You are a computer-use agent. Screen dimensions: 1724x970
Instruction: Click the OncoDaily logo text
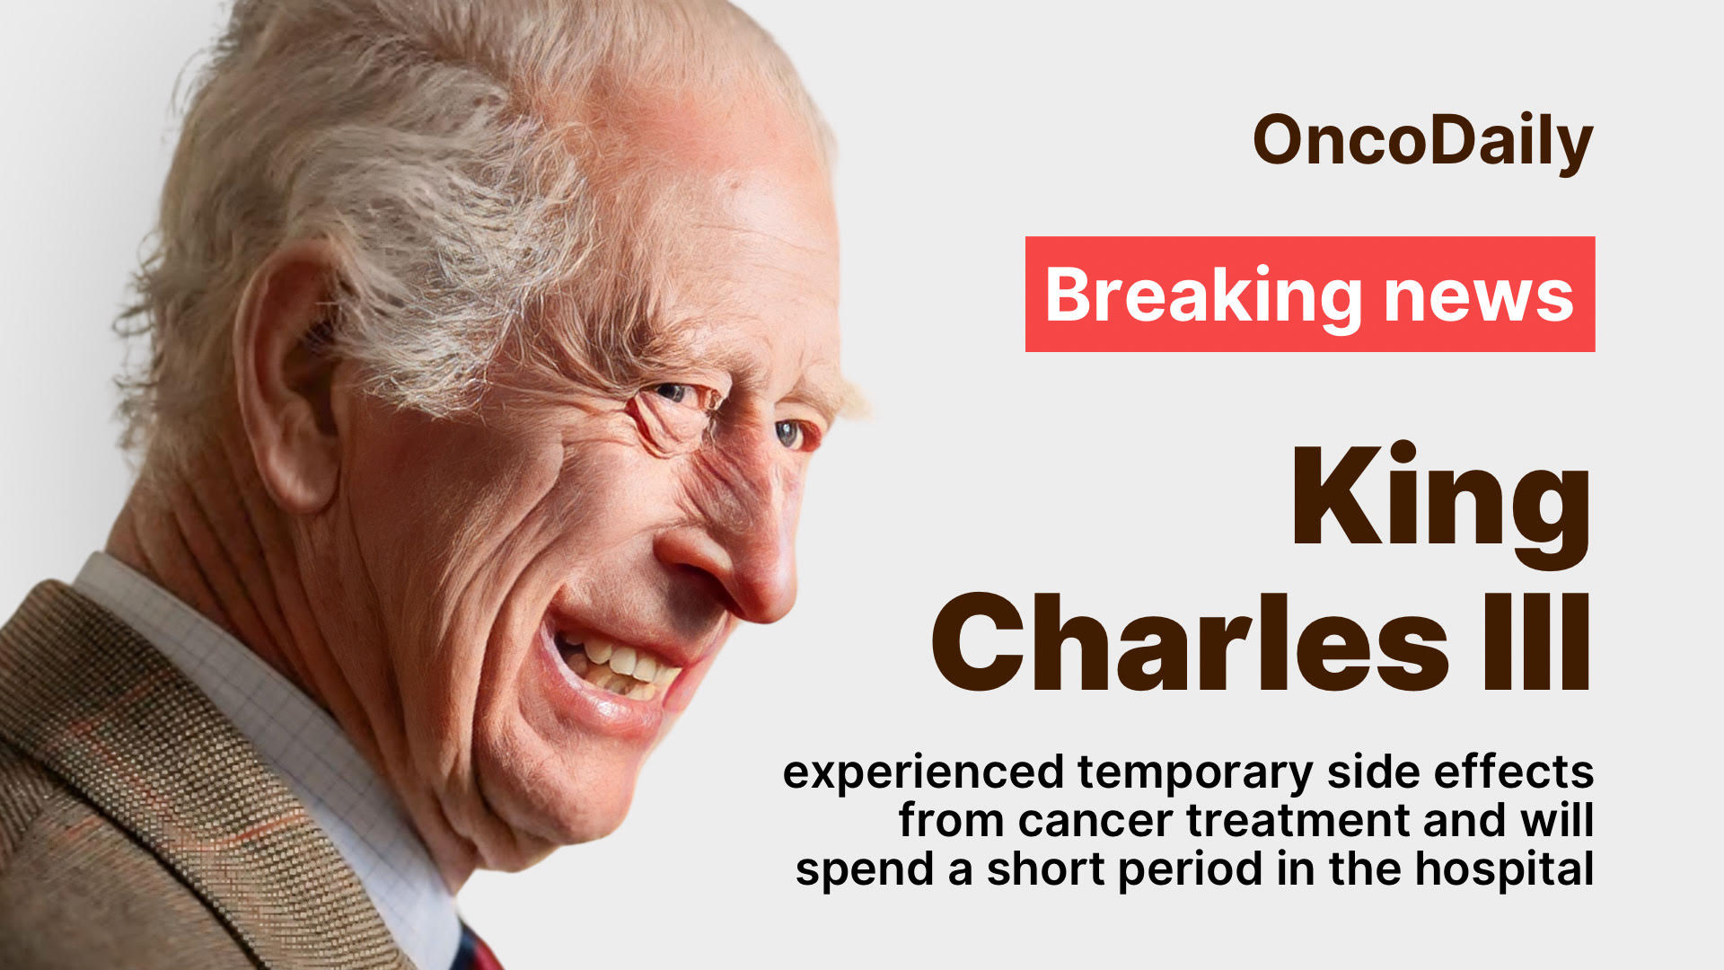pos(1422,142)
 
